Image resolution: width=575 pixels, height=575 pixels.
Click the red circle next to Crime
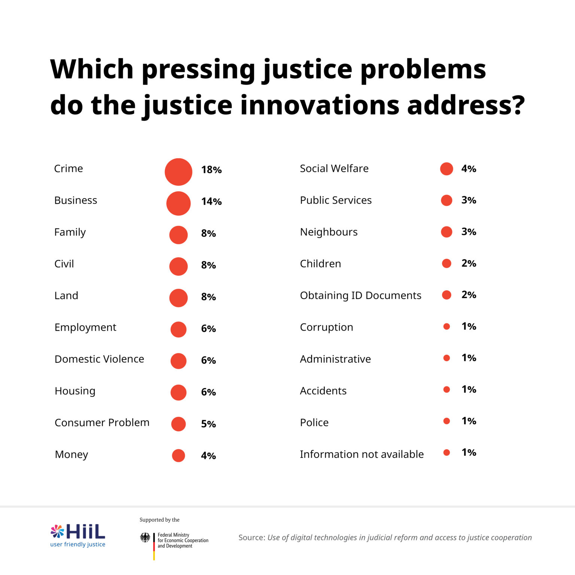178,172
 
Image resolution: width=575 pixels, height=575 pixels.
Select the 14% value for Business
211,201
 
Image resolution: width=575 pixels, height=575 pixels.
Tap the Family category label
70,232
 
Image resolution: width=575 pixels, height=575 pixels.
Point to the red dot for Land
178,298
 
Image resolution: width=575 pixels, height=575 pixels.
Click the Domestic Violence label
99,359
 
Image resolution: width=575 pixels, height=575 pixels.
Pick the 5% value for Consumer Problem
208,424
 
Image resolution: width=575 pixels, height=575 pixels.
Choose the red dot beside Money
178,456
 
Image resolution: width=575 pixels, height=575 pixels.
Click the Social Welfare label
334,168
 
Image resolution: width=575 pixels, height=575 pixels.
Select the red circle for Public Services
446,200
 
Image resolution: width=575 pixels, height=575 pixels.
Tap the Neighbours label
329,232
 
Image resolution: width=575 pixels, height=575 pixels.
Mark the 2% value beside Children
469,263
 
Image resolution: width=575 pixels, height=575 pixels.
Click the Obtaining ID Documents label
360,295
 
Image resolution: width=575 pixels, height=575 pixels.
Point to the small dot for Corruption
446,326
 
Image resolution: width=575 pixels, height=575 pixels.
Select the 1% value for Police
469,421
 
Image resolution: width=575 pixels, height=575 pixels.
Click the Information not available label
362,454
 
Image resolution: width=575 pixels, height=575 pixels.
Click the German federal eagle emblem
145,538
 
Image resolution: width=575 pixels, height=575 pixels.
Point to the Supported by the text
159,520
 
